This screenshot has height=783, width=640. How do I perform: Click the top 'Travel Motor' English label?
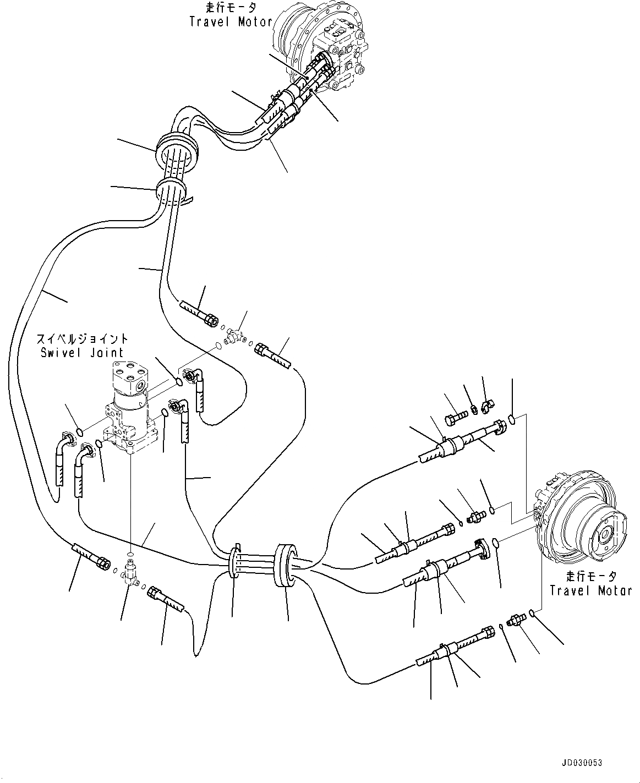pyautogui.click(x=231, y=22)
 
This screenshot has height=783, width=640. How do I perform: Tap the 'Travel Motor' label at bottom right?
pyautogui.click(x=591, y=590)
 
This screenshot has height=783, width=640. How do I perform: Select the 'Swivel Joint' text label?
pyautogui.click(x=82, y=352)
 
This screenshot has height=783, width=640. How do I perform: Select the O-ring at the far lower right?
pyautogui.click(x=532, y=613)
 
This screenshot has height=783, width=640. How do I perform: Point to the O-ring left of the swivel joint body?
pyautogui.click(x=79, y=431)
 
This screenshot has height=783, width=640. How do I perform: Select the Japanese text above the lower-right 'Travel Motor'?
pyautogui.click(x=591, y=576)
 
